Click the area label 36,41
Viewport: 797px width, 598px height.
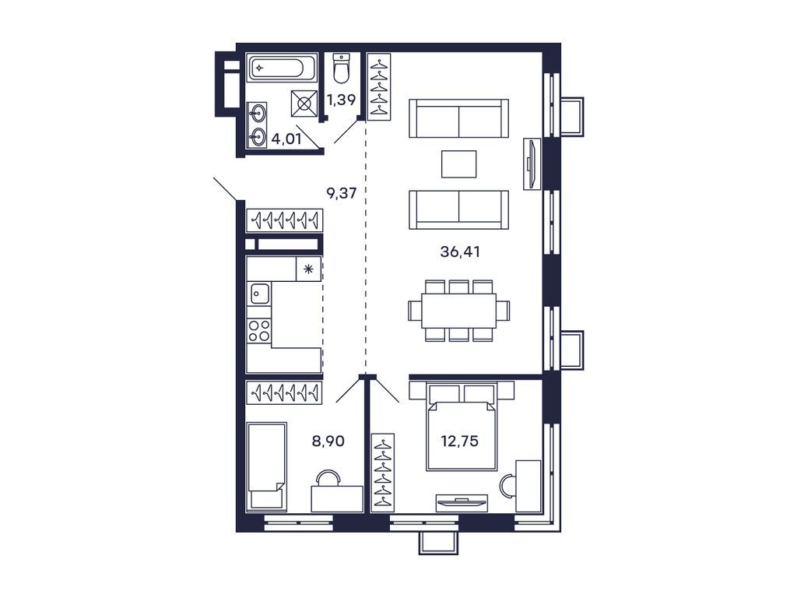[458, 252]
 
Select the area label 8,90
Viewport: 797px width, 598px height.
[328, 440]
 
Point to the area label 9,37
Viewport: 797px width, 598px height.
[342, 193]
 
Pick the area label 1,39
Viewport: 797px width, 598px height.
[342, 99]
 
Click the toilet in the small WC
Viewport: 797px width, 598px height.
[341, 69]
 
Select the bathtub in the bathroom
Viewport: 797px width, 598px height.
[282, 68]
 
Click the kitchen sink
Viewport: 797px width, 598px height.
[259, 294]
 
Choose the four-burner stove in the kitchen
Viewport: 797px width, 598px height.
[259, 330]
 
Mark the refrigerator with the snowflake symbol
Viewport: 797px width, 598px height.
[308, 269]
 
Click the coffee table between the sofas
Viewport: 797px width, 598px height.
[458, 164]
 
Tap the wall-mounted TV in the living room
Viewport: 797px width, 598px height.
[530, 164]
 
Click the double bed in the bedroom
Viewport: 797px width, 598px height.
[461, 432]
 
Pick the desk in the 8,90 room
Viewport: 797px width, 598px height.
[337, 498]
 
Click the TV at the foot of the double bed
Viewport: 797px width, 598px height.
[462, 502]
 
